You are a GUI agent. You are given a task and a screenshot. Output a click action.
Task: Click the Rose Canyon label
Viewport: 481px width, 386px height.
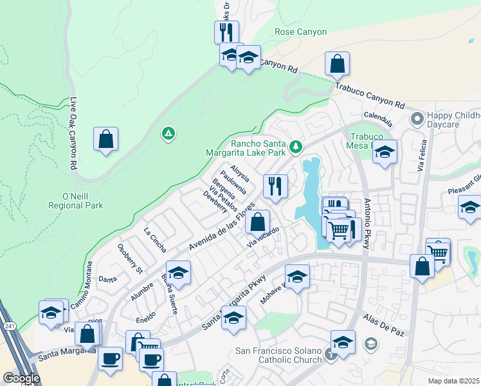300,32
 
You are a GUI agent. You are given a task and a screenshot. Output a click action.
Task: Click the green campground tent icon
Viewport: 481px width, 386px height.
168,134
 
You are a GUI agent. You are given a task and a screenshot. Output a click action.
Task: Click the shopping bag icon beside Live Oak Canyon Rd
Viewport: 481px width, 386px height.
105,139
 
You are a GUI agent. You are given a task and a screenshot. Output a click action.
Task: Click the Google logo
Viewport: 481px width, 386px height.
21,378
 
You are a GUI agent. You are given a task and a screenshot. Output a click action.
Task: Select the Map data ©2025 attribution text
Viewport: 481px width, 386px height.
453,381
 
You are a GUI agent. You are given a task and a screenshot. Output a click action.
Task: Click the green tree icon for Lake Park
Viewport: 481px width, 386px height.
296,147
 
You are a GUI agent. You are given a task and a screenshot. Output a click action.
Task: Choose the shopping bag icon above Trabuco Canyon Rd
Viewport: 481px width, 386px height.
337,64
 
